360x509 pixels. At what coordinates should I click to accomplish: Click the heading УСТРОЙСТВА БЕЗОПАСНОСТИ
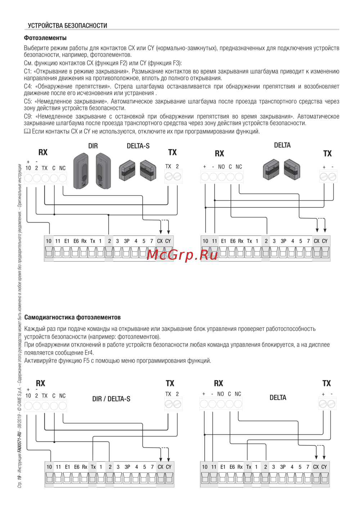[x=67, y=26]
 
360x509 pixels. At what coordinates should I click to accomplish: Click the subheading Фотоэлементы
[x=45, y=38]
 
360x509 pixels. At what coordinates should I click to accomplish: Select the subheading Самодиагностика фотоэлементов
[x=72, y=317]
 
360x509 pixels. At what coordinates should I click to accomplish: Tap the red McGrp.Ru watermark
[x=183, y=255]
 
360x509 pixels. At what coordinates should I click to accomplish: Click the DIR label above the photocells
[x=93, y=146]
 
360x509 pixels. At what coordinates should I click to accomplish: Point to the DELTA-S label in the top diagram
[x=138, y=146]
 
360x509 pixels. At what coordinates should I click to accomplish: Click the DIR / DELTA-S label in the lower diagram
[x=111, y=399]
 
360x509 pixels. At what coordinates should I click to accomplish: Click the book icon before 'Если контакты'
[x=27, y=132]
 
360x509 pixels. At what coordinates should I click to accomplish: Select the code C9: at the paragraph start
[x=28, y=117]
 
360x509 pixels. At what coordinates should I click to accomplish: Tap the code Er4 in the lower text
[x=89, y=353]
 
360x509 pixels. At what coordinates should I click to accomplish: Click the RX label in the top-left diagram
[x=43, y=152]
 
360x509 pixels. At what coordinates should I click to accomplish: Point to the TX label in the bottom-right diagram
[x=327, y=383]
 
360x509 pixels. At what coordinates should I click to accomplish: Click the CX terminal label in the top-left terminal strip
[x=160, y=241]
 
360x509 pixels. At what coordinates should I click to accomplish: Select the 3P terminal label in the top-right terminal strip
[x=283, y=241]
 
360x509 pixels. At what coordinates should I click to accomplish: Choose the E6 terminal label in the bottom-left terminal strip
[x=77, y=467]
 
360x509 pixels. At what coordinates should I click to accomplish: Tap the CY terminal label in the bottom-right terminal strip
[x=324, y=467]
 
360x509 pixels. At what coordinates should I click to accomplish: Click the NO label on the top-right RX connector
[x=221, y=167]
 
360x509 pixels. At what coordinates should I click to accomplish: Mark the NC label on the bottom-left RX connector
[x=62, y=396]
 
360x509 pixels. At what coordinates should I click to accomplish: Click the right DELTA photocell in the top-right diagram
[x=291, y=169]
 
